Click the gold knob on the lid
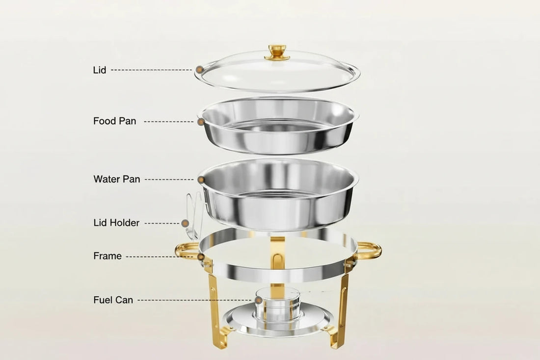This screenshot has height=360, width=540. click(x=277, y=52)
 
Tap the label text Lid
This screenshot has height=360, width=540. click(x=100, y=70)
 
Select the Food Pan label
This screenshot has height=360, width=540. click(x=115, y=121)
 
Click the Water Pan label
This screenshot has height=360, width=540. click(x=117, y=179)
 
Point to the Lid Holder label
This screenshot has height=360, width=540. click(x=116, y=223)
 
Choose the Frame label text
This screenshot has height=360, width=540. click(x=108, y=256)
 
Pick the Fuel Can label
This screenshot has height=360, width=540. click(x=113, y=300)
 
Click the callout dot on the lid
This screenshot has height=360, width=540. click(x=199, y=70)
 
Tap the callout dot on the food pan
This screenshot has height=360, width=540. click(x=201, y=121)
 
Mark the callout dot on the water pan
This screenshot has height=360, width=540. click(x=201, y=179)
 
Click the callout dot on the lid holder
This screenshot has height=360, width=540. click(x=185, y=223)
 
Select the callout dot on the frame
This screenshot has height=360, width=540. click(x=201, y=256)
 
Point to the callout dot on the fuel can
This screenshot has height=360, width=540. click(x=258, y=300)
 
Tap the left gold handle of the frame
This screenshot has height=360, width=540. click(x=186, y=249)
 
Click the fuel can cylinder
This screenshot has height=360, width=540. click(x=277, y=305)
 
